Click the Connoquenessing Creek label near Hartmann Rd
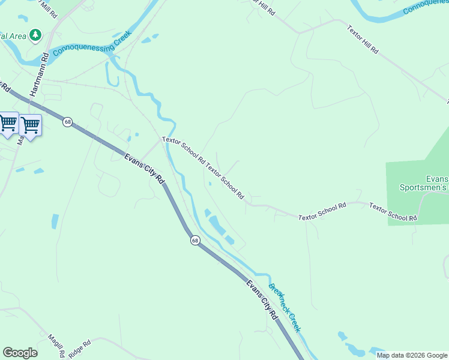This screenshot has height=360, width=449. click(x=92, y=43)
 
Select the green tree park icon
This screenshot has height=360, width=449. click(x=37, y=35)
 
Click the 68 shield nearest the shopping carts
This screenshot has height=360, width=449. click(x=67, y=121)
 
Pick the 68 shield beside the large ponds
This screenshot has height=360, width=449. click(x=195, y=240)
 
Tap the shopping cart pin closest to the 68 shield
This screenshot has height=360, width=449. click(x=30, y=125)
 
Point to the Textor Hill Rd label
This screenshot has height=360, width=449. click(x=363, y=40)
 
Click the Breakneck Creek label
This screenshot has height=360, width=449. click(x=285, y=308)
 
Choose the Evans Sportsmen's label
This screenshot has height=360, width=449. click(x=424, y=183)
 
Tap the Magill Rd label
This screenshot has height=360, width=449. click(x=56, y=346)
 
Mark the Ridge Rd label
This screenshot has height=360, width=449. click(x=79, y=350)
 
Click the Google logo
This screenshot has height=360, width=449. click(x=20, y=353)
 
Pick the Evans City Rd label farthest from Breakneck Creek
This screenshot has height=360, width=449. click(x=144, y=169)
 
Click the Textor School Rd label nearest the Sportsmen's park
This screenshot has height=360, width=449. click(x=393, y=212)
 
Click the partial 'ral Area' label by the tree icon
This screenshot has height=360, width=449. click(x=13, y=36)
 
